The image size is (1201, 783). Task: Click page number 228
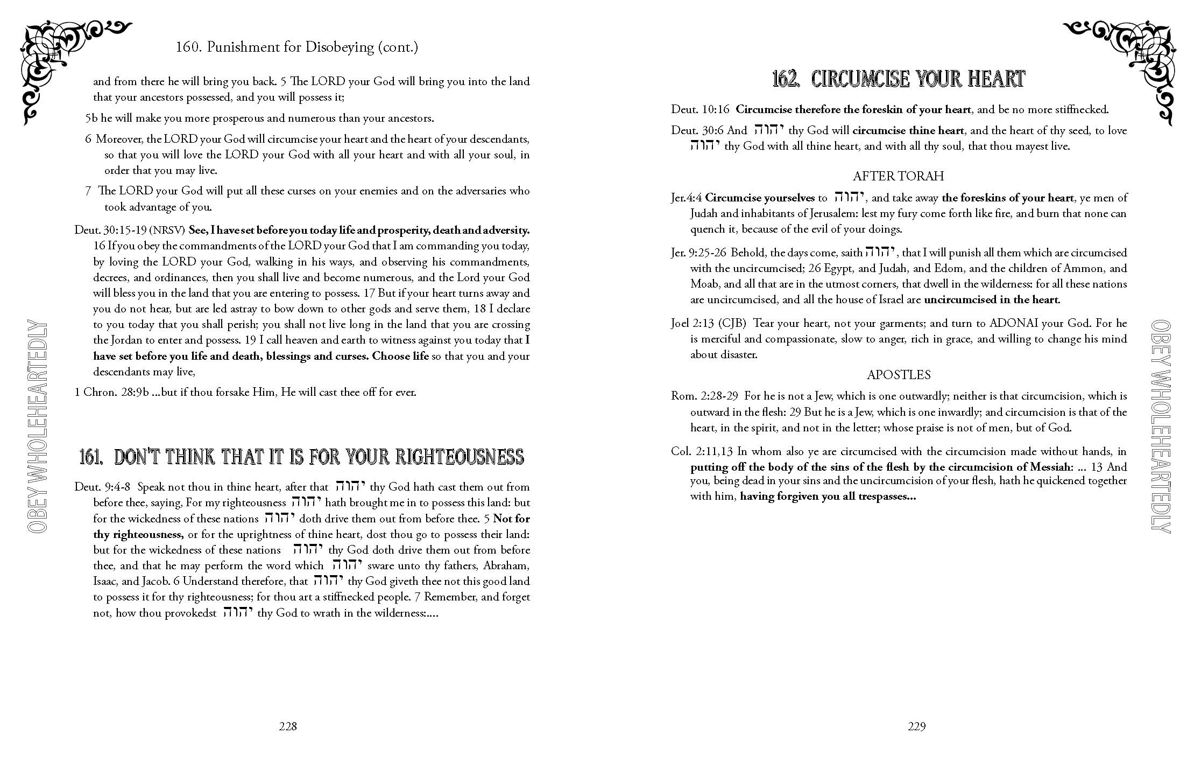pyautogui.click(x=288, y=726)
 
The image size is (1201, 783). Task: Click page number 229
pyautogui.click(x=916, y=726)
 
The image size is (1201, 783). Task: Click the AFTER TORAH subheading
pyautogui.click(x=898, y=176)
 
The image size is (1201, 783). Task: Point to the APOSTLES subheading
pyautogui.click(x=898, y=375)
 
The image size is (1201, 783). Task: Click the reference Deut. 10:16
pyautogui.click(x=700, y=110)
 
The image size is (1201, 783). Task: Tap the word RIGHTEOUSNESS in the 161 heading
pyautogui.click(x=460, y=457)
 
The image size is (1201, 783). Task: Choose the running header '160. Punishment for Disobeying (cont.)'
pyautogui.click(x=297, y=47)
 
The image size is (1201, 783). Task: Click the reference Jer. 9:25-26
pyautogui.click(x=698, y=253)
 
